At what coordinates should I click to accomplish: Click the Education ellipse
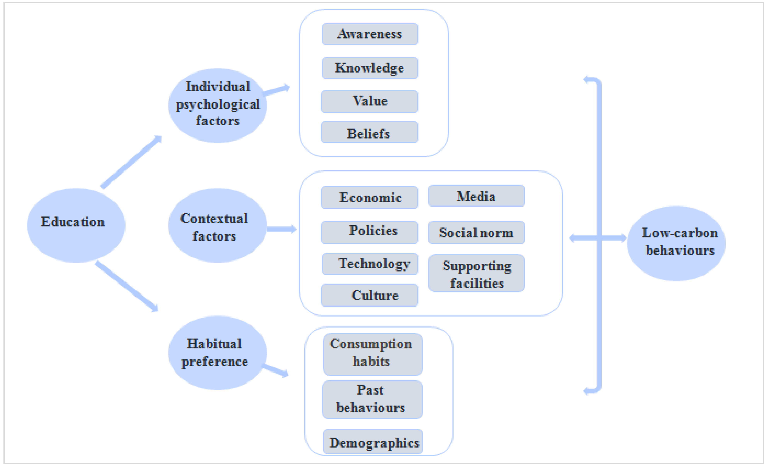pos(76,225)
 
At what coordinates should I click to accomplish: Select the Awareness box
pos(370,34)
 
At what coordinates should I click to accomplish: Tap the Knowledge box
pos(370,68)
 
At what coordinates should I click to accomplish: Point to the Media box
pos(476,196)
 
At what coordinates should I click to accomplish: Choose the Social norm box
pos(476,232)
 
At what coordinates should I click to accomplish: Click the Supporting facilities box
pos(476,273)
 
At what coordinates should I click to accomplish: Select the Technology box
pos(370,264)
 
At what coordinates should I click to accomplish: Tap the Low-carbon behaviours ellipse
pos(676,243)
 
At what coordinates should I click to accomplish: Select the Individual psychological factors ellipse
pos(217,105)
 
